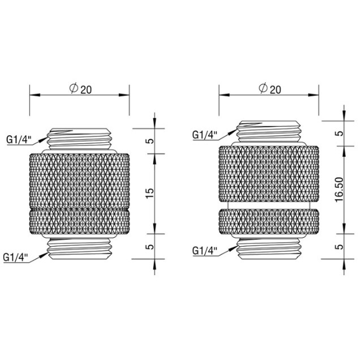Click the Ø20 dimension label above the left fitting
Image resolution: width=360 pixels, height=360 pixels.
point(80,89)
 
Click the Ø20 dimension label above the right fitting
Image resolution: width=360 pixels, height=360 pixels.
point(270,89)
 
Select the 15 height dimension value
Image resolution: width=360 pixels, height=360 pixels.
point(150,194)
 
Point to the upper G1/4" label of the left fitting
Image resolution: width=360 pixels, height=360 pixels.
point(19,140)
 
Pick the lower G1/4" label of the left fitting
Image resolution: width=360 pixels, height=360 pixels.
point(16,258)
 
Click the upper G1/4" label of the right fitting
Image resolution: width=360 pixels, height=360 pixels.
point(205,135)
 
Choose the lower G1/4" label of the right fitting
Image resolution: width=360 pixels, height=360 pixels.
point(205,251)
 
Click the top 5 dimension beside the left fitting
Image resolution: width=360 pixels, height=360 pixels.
point(151,141)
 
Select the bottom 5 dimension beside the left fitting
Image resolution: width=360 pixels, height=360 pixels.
point(151,247)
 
